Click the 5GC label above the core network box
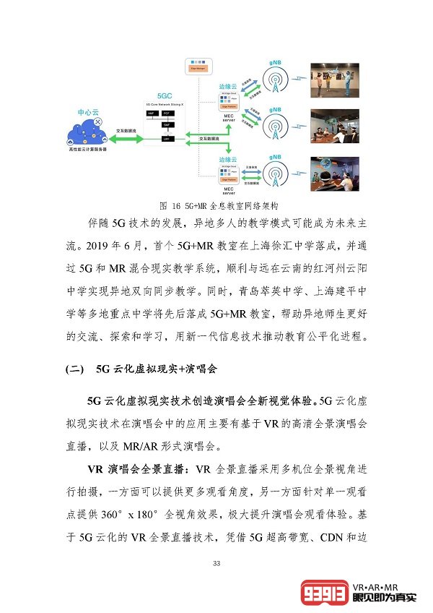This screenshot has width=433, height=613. (165, 95)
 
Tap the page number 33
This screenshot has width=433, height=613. (216, 563)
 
